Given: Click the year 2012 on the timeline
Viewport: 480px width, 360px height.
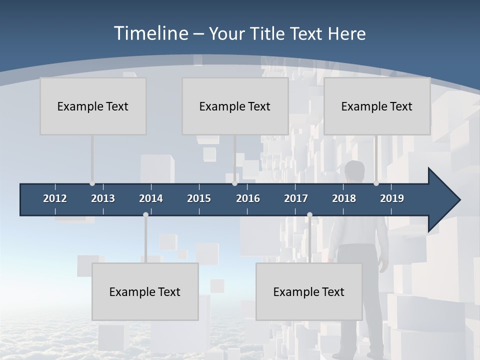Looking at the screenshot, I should (55, 198).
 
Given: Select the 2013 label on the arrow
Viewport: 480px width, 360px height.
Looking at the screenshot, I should (103, 198).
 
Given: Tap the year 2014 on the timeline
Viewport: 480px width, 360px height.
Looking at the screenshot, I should (151, 198).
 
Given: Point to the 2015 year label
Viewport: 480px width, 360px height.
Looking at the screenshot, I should (199, 198).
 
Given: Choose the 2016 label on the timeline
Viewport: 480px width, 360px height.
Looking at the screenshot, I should (248, 198).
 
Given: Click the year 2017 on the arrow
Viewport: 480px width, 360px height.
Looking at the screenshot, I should (296, 198).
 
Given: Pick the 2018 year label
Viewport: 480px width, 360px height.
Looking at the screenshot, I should (344, 198).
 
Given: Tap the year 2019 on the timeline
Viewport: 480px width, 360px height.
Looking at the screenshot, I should (392, 198).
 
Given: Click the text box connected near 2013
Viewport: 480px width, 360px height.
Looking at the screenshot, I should (93, 106).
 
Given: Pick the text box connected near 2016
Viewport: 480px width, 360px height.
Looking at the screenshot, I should (235, 106).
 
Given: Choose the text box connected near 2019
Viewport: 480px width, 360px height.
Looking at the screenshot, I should (377, 106).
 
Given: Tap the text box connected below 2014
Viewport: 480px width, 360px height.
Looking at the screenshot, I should (145, 291).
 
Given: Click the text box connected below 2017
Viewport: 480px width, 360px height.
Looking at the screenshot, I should (309, 291).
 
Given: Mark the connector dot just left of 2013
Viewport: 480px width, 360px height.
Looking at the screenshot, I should (92, 183).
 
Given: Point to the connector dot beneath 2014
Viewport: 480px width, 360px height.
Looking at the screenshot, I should (145, 215).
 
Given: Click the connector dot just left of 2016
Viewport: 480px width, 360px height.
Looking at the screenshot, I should (234, 183).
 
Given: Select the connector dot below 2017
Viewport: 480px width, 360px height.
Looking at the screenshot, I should (309, 215).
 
